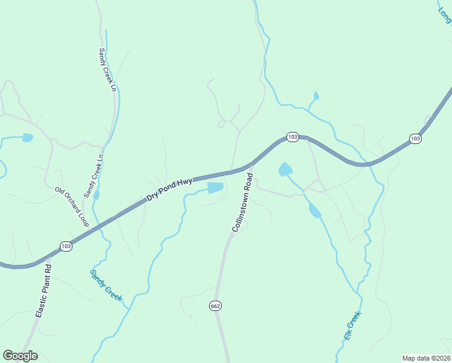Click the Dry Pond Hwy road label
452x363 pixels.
click(x=169, y=189)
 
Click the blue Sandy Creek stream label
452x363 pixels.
click(x=106, y=286)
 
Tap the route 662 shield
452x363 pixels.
click(x=216, y=306)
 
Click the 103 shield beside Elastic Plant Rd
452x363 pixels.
click(x=66, y=246)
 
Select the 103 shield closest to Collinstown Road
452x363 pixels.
click(x=292, y=137)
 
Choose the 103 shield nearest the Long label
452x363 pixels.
click(x=415, y=139)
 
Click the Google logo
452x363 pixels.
click(x=20, y=356)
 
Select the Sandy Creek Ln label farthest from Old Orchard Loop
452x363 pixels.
click(x=107, y=69)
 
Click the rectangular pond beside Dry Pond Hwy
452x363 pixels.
click(x=215, y=188)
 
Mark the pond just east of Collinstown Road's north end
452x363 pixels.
click(x=285, y=169)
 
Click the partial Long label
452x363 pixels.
click(x=445, y=12)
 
